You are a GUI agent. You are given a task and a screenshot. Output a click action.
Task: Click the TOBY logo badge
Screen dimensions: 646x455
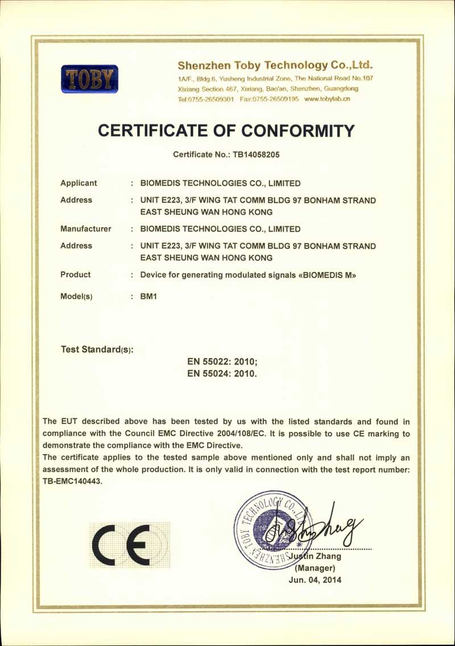(90, 79)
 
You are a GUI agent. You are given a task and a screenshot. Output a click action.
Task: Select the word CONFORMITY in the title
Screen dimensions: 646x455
(299, 130)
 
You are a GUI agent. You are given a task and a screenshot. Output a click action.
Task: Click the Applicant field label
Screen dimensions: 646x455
(78, 183)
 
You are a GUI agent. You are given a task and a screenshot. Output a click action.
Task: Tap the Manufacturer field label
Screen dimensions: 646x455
(86, 229)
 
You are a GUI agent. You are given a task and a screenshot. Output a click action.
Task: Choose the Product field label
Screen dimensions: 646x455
(76, 274)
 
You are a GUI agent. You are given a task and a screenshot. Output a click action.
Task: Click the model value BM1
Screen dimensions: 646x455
(148, 297)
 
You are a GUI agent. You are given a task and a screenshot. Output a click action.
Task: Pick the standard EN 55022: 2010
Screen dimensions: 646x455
(222, 361)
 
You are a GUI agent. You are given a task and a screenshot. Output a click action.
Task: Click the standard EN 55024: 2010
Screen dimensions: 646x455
(222, 374)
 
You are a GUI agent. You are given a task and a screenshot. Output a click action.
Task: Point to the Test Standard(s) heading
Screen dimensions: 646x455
(97, 349)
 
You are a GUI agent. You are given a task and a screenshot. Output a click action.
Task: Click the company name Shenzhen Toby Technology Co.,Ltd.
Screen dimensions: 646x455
(275, 64)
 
